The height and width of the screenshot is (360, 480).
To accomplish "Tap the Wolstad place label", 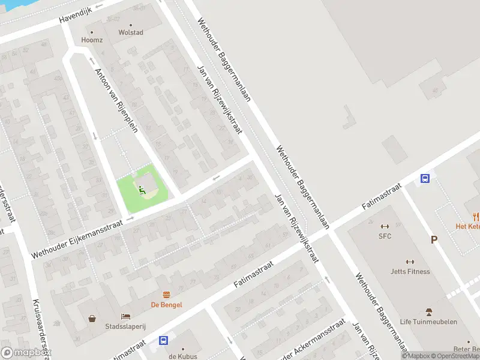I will (131, 32).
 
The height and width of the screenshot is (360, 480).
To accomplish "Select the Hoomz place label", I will (92, 40).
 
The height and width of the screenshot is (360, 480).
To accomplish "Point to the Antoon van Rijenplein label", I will (112, 96).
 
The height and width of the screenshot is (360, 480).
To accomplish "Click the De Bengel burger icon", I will (166, 294).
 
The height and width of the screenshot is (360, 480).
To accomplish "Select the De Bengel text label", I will (166, 305).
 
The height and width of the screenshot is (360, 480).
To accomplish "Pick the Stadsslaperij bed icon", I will (125, 316).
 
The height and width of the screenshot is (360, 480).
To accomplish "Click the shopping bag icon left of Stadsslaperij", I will (92, 318).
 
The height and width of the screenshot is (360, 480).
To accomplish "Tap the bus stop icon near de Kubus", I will (163, 340).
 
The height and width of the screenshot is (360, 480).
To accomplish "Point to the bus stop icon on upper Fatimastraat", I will (425, 178).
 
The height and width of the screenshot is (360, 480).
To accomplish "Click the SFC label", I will (385, 236).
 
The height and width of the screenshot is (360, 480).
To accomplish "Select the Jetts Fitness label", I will (410, 271).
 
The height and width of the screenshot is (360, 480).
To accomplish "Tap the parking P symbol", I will (434, 240).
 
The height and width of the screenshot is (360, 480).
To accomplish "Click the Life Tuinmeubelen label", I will (428, 322).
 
